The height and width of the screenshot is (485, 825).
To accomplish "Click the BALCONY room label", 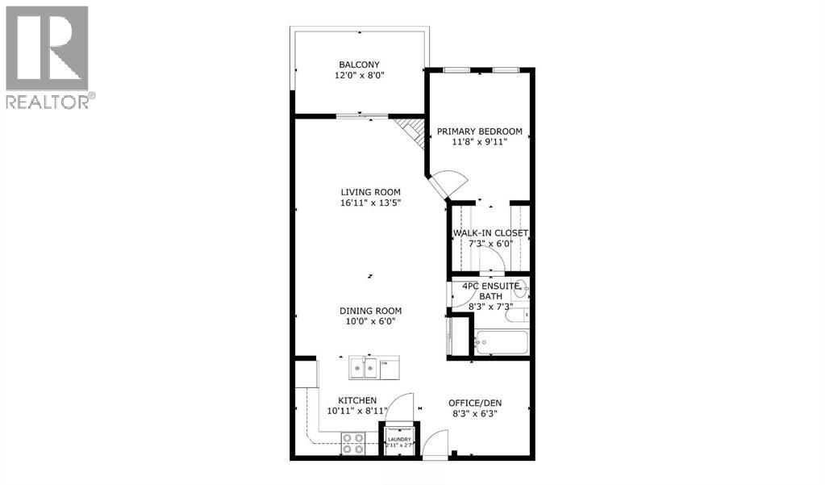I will pyautogui.click(x=359, y=65).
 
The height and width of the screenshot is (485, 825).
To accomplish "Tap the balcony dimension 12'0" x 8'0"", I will pyautogui.click(x=359, y=76).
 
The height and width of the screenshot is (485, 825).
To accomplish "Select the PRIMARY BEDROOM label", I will pyautogui.click(x=479, y=132).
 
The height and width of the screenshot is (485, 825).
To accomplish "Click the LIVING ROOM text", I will pyautogui.click(x=370, y=192).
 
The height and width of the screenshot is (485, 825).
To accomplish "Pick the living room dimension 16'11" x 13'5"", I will pyautogui.click(x=370, y=203).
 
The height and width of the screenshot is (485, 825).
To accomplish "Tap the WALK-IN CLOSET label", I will pyautogui.click(x=490, y=233).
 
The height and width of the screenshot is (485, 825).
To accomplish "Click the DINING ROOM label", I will pyautogui.click(x=370, y=311).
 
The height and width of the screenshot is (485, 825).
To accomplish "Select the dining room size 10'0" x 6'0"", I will pyautogui.click(x=370, y=322).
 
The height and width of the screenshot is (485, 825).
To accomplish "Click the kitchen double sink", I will pyautogui.click(x=364, y=369).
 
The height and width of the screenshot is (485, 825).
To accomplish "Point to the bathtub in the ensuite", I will pyautogui.click(x=501, y=342).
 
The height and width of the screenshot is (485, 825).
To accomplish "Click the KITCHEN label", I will pyautogui.click(x=357, y=400).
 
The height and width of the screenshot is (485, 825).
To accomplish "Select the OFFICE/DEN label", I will pyautogui.click(x=479, y=403).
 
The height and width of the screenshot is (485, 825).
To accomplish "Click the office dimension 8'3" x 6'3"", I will pyautogui.click(x=479, y=414).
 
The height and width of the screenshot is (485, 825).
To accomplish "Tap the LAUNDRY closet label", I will pyautogui.click(x=399, y=440).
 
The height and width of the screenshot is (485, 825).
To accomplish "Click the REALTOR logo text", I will pyautogui.click(x=48, y=101).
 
